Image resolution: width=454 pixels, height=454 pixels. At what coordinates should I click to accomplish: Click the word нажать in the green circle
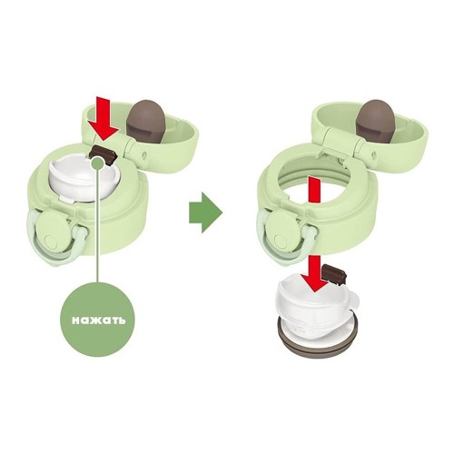pyautogui.click(x=98, y=320)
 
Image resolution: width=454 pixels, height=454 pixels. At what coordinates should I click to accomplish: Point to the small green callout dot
pyautogui.click(x=97, y=163)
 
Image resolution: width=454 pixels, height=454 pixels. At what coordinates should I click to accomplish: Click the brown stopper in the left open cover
pyautogui.click(x=147, y=119)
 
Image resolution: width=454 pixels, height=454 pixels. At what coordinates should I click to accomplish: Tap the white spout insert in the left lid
pyautogui.click(x=83, y=179)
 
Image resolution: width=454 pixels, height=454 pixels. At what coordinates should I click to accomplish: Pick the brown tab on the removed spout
pyautogui.click(x=334, y=272)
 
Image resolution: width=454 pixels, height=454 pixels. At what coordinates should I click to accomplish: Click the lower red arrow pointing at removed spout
pyautogui.click(x=316, y=273)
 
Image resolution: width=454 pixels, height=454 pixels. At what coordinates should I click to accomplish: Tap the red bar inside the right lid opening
pyautogui.click(x=314, y=190)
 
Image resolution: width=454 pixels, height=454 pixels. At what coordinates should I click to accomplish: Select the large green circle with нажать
pyautogui.click(x=98, y=320)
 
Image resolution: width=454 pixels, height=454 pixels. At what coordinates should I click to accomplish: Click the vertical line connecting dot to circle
pyautogui.click(x=97, y=226)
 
